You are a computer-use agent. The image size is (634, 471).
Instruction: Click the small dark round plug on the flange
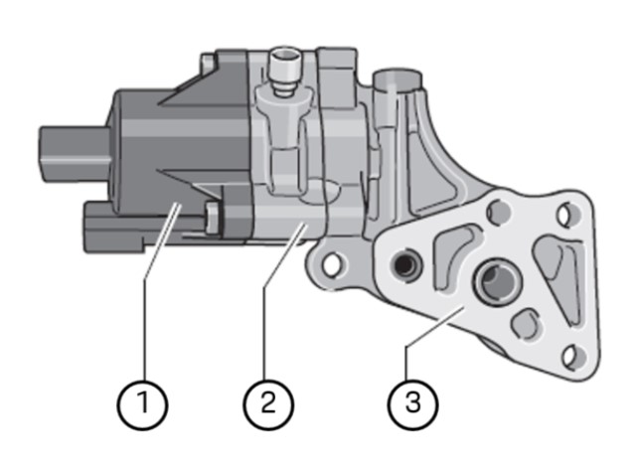[403, 264]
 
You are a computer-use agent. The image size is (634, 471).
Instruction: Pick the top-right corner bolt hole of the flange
[566, 213]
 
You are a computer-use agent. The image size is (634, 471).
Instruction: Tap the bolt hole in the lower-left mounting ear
[335, 263]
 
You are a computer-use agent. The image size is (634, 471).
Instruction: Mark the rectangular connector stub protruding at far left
[62, 148]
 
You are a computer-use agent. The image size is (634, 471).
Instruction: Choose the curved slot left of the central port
[449, 249]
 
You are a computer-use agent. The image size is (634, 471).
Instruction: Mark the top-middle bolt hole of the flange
[498, 211]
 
